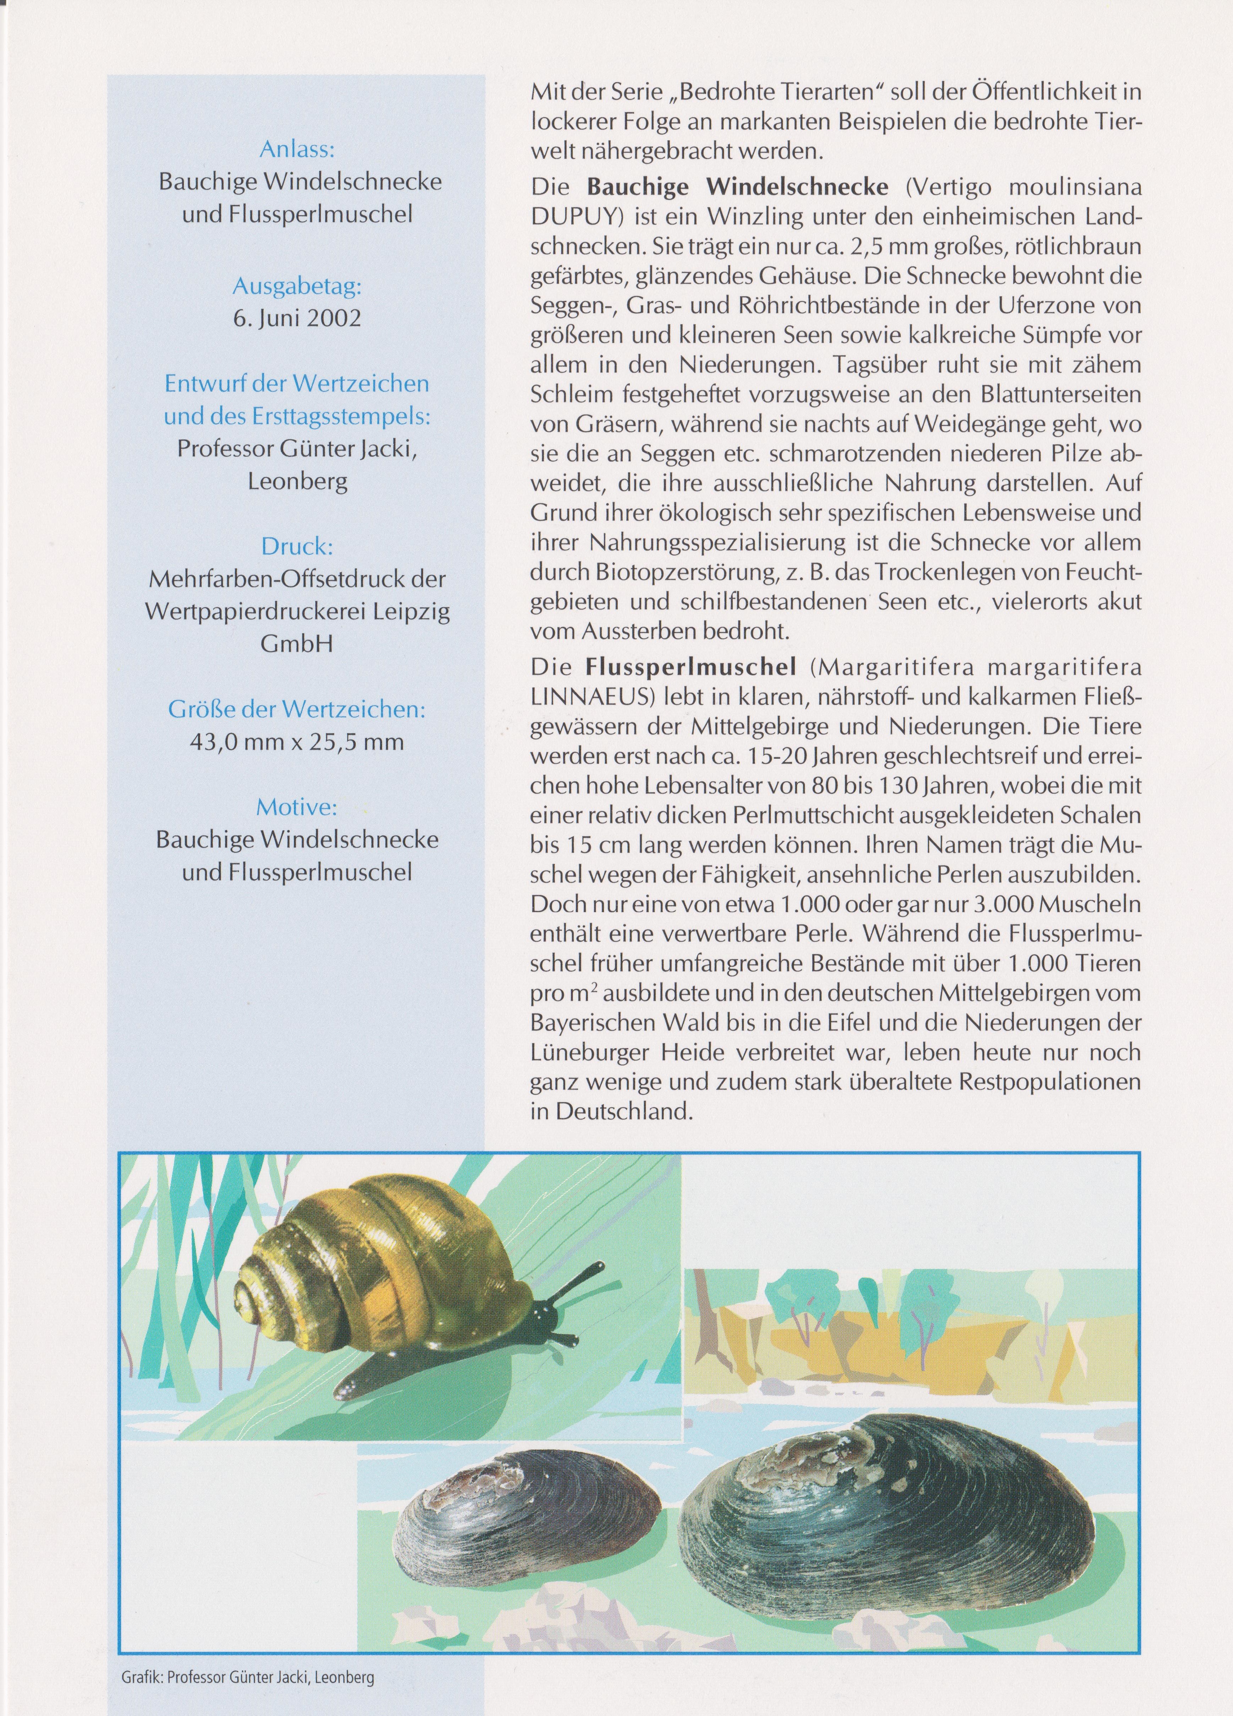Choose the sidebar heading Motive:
click(x=296, y=807)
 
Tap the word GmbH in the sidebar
click(x=296, y=643)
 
